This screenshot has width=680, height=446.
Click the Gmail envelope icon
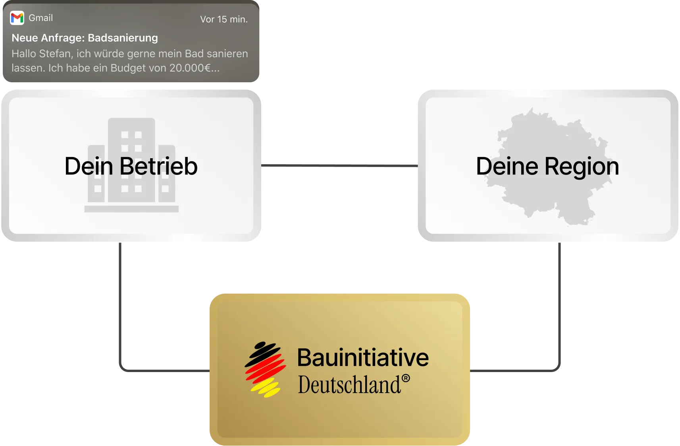coord(17,18)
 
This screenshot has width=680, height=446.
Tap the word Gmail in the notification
coord(40,18)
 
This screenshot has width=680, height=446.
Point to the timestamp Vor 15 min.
coord(224,19)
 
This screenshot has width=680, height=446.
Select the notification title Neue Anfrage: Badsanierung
coord(85,38)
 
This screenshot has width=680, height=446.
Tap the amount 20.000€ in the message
coord(190,68)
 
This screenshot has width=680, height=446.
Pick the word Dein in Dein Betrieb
coord(89,166)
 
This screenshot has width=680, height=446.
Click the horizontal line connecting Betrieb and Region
coord(339,165)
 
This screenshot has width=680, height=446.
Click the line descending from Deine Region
coord(559,306)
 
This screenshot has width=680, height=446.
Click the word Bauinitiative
coord(363,357)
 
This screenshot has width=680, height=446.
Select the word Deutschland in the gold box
coord(349,385)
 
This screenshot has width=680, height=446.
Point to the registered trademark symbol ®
coord(406,378)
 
